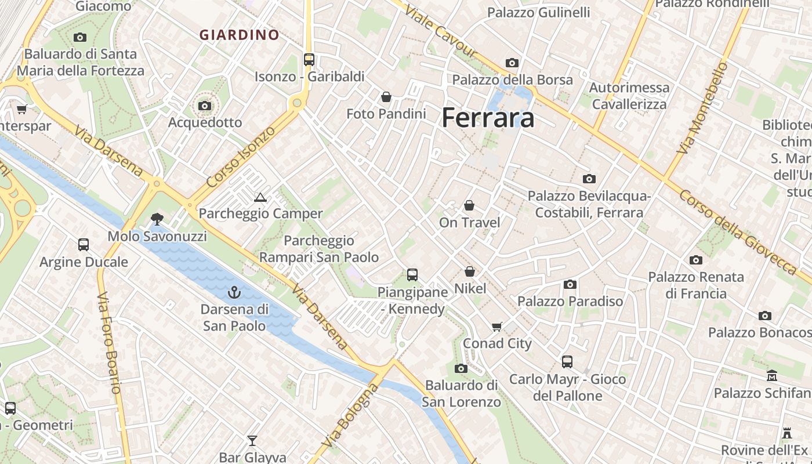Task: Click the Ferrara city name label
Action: pos(488,118)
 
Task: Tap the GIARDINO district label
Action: pos(240,35)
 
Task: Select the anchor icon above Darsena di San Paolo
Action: pos(234,292)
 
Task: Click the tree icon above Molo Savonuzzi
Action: pos(156,219)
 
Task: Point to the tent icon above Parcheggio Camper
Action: pos(260,197)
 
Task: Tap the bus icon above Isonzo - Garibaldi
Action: pos(309,59)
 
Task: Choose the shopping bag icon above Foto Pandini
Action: pos(386,97)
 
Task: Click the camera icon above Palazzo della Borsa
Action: pos(512,63)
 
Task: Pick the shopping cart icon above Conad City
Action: pos(497,327)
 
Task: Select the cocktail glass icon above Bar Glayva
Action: pos(252,441)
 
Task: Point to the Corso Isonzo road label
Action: pos(241,157)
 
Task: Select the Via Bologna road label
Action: pos(349,416)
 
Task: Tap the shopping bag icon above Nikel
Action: pos(470,271)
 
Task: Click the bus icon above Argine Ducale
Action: pos(84,245)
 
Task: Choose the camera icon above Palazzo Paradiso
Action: pos(570,284)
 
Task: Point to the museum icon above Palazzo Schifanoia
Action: pos(772,376)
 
